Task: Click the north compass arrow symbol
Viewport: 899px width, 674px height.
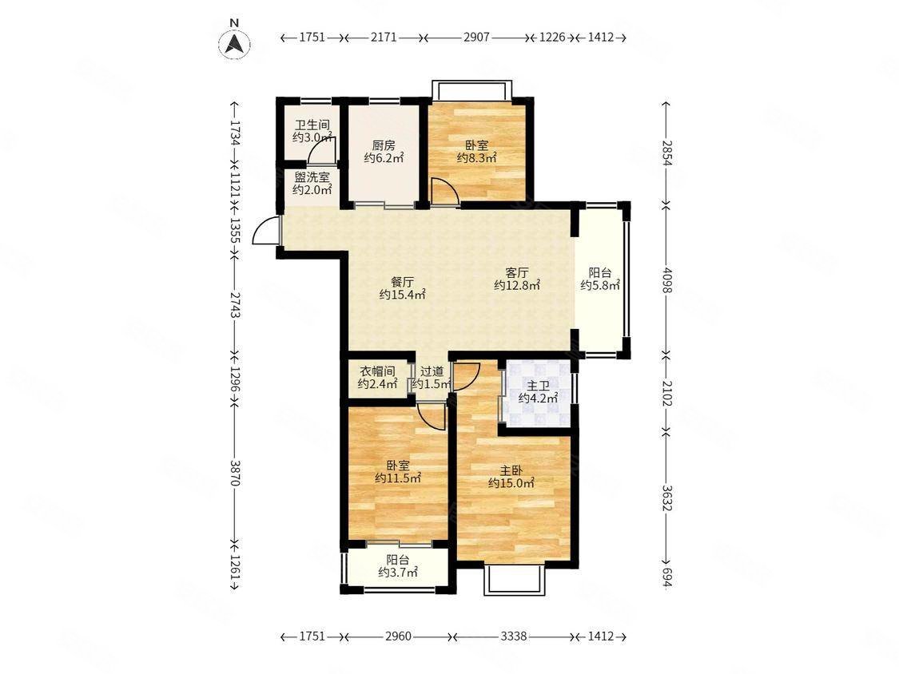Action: pos(234,42)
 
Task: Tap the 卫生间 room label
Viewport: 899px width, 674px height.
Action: pos(312,125)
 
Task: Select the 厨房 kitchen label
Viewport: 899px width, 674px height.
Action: pos(384,145)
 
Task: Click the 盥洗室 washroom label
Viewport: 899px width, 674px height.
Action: pos(312,177)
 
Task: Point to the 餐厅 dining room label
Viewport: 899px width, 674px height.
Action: pos(402,282)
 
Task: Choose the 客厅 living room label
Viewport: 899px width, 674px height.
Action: pos(516,272)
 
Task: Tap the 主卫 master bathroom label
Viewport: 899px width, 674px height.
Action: pos(538,385)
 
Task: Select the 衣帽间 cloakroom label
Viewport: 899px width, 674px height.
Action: pos(377,371)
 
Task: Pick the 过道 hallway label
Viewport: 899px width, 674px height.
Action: pos(432,371)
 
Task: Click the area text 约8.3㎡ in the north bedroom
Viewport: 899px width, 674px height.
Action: pos(476,158)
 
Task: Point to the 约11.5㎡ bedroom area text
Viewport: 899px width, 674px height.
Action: pos(398,478)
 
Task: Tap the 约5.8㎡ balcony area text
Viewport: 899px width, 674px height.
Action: pos(599,285)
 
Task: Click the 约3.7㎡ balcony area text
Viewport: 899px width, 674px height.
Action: pos(398,572)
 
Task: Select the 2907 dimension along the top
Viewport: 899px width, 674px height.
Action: pos(476,38)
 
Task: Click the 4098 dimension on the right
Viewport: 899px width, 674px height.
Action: pos(666,280)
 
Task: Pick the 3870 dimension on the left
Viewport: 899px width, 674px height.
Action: pos(234,473)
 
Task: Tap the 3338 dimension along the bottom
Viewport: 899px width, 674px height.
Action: pos(513,636)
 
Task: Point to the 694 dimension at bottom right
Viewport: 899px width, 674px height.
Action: pos(666,577)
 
